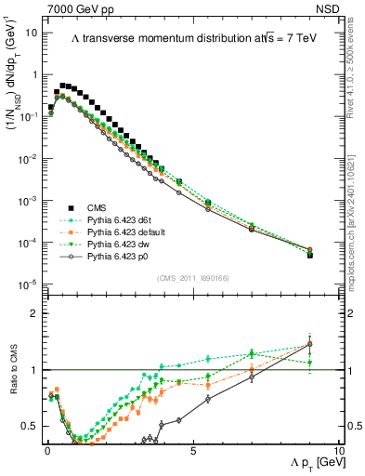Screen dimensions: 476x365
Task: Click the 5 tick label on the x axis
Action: (x=192, y=450)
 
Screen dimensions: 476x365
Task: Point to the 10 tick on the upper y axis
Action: (x=31, y=33)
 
